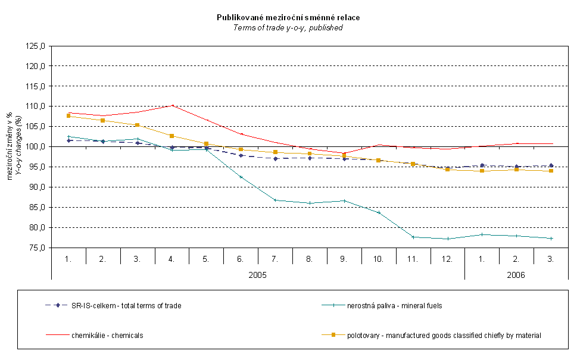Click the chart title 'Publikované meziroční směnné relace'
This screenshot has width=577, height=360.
288,18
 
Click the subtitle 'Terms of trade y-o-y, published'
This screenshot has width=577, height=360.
288,27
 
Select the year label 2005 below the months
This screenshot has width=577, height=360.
257,276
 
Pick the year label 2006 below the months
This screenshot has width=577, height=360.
516,276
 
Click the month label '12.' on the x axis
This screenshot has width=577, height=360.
447,259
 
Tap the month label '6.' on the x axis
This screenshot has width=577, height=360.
241,259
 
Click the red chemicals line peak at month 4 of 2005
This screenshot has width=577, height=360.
172,105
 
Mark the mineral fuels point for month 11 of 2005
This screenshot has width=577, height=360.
413,237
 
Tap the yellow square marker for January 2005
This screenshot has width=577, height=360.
68,116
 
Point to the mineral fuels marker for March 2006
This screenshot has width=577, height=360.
551,239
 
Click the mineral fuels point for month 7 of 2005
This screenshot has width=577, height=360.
275,200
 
